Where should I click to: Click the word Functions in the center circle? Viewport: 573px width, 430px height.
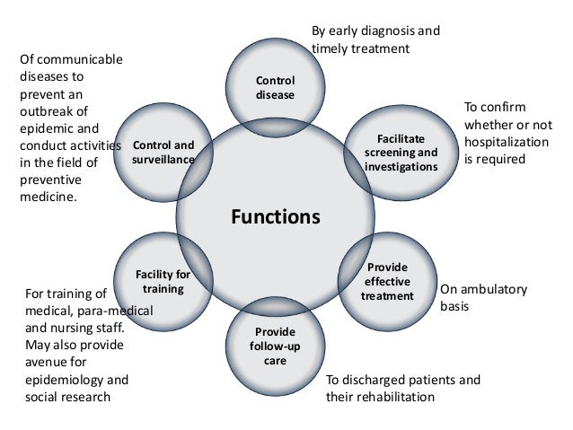point(276,216)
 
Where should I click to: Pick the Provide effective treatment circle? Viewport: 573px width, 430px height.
point(387,282)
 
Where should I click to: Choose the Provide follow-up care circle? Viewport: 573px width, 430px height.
point(275,346)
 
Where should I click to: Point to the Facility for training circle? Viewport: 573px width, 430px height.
point(163,281)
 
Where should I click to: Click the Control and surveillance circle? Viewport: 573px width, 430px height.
point(163,152)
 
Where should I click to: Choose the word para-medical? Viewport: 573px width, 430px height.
point(118,310)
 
